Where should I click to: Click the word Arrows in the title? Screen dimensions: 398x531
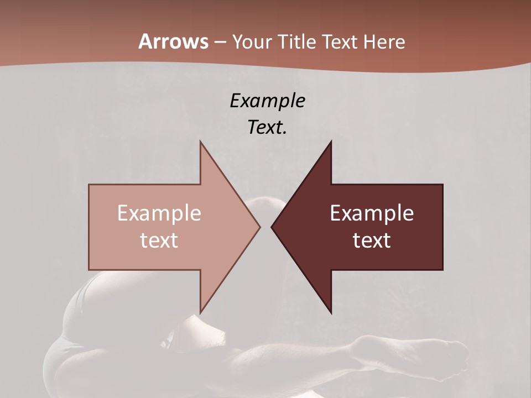point(173,41)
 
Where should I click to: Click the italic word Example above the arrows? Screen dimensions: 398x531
point(267,101)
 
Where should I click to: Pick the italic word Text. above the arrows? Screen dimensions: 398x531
point(267,127)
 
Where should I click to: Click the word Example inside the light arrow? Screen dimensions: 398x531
point(159,213)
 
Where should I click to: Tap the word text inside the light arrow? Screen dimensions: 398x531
point(159,240)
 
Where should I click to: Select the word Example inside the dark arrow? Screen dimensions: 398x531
point(372,213)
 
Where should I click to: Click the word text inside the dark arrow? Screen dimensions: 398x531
point(372,240)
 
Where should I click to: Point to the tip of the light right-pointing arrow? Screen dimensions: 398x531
point(259,227)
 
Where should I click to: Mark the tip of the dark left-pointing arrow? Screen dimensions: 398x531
point(272,227)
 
